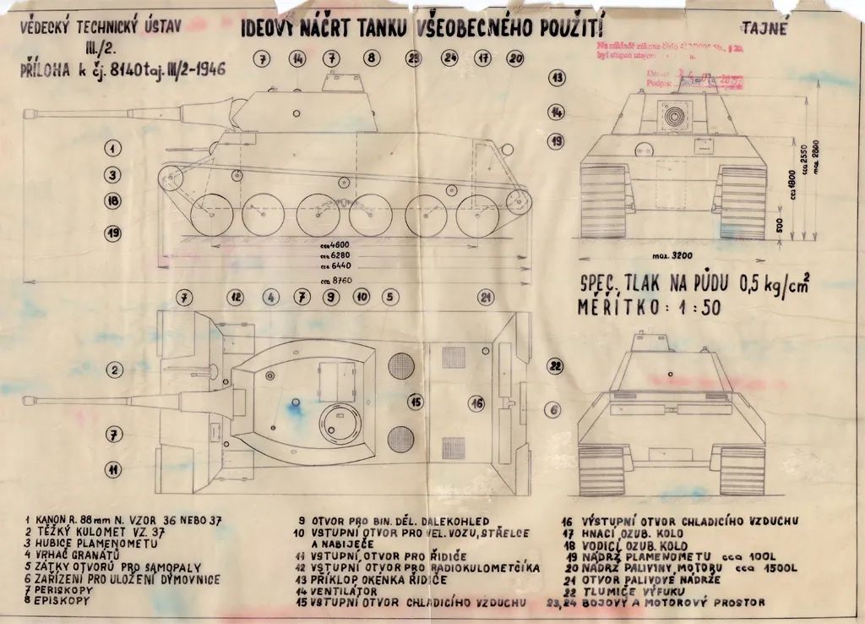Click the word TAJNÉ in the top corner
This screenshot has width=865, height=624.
coord(766,27)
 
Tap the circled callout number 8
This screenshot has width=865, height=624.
coord(372,58)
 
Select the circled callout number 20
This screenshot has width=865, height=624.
coord(516,58)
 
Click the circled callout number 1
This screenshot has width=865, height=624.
coord(112,149)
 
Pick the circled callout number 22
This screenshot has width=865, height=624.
coord(555,366)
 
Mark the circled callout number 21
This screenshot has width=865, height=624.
coord(485,297)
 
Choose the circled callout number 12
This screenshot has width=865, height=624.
coord(237,297)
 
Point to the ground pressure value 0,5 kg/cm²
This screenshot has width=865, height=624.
coord(773,284)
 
